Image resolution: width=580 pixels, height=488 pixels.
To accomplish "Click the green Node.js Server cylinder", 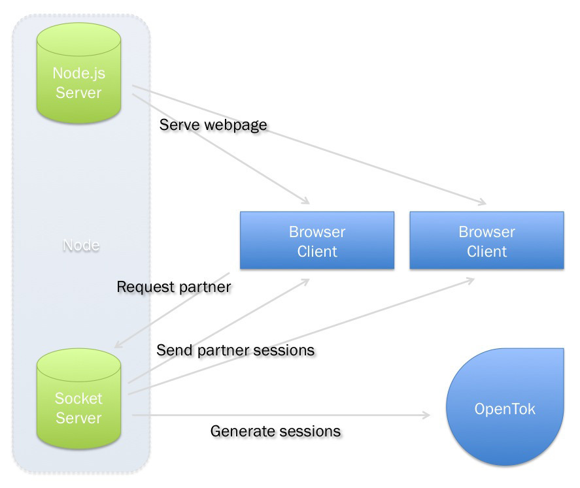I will click(x=78, y=75).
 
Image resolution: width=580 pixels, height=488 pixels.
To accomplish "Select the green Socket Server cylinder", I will click(x=78, y=399).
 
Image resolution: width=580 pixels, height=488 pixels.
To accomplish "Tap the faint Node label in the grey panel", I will click(x=81, y=246).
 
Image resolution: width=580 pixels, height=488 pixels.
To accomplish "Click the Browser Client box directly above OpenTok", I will click(x=486, y=241).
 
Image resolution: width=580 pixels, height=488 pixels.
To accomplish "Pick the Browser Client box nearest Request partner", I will click(x=317, y=241).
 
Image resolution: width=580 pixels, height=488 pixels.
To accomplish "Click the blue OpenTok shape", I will click(x=504, y=410).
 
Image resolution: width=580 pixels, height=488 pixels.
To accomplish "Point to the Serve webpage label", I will click(x=213, y=124).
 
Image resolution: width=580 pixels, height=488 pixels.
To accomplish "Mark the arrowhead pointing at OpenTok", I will click(x=426, y=415).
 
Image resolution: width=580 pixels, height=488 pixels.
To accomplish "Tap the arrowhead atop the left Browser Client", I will click(x=304, y=200).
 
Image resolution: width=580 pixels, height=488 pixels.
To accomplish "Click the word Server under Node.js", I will click(x=78, y=93).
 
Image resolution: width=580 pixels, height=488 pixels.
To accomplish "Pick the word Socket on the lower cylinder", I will click(x=78, y=399).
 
